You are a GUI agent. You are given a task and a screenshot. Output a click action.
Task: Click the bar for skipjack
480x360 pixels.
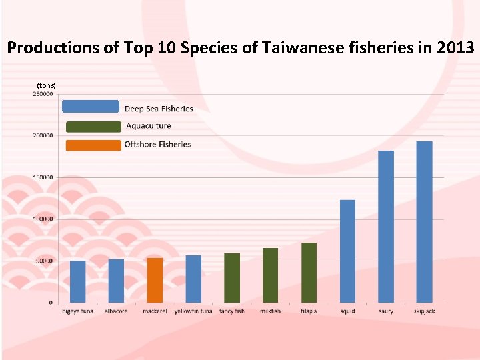pyautogui.click(x=424, y=222)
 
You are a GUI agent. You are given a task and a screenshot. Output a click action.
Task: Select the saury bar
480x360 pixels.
pyautogui.click(x=386, y=227)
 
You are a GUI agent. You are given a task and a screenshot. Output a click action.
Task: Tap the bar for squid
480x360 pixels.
pyautogui.click(x=347, y=251)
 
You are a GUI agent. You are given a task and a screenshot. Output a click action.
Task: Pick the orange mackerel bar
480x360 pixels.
pyautogui.click(x=155, y=280)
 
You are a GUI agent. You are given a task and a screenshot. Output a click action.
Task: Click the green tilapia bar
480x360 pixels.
pyautogui.click(x=309, y=273)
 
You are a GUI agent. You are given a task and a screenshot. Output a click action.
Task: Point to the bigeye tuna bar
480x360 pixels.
pyautogui.click(x=78, y=281)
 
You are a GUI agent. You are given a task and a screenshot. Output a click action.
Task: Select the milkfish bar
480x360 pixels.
pyautogui.click(x=270, y=275)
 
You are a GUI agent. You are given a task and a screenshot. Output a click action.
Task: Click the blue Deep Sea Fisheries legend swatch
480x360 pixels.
pyautogui.click(x=90, y=107)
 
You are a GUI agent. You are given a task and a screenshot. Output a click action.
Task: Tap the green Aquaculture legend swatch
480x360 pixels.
pyautogui.click(x=93, y=126)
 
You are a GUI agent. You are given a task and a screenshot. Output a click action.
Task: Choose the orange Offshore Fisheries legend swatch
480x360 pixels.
pyautogui.click(x=93, y=145)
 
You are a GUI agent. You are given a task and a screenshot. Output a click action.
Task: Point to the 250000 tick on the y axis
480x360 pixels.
pyautogui.click(x=43, y=94)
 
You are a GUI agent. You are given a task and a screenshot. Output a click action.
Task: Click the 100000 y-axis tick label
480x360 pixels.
pyautogui.click(x=43, y=219)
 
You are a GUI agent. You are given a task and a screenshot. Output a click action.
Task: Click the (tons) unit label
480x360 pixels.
pyautogui.click(x=47, y=85)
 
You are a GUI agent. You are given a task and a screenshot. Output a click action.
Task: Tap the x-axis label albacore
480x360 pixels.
pyautogui.click(x=116, y=311)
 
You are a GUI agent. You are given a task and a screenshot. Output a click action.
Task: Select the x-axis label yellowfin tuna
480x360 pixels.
pyautogui.click(x=193, y=311)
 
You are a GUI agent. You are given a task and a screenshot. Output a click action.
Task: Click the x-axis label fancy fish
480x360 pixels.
pyautogui.click(x=232, y=311)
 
